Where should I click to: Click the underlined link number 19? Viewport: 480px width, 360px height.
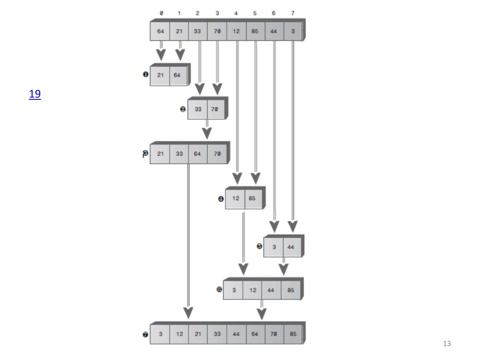pyautogui.click(x=35, y=94)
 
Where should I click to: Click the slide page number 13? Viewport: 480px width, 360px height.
pyautogui.click(x=447, y=344)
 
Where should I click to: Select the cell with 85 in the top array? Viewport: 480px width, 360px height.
pyautogui.click(x=255, y=31)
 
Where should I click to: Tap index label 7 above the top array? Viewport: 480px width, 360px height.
pyautogui.click(x=292, y=13)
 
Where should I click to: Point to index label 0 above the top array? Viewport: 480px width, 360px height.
pyautogui.click(x=161, y=13)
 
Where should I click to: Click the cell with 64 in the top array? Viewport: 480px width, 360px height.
pyautogui.click(x=160, y=31)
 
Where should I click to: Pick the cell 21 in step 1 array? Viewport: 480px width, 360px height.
pyautogui.click(x=160, y=75)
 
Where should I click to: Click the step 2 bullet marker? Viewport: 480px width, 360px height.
pyautogui.click(x=182, y=109)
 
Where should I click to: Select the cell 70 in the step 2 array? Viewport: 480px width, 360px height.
pyautogui.click(x=217, y=109)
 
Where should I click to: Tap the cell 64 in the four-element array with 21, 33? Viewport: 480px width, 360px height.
pyautogui.click(x=198, y=154)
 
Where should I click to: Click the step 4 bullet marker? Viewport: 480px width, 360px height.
pyautogui.click(x=220, y=199)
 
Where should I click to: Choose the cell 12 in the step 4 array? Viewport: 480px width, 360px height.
pyautogui.click(x=235, y=198)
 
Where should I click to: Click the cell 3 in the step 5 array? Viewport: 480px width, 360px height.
pyautogui.click(x=274, y=247)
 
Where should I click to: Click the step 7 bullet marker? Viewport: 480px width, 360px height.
pyautogui.click(x=145, y=335)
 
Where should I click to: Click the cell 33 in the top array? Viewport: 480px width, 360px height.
pyautogui.click(x=198, y=31)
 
